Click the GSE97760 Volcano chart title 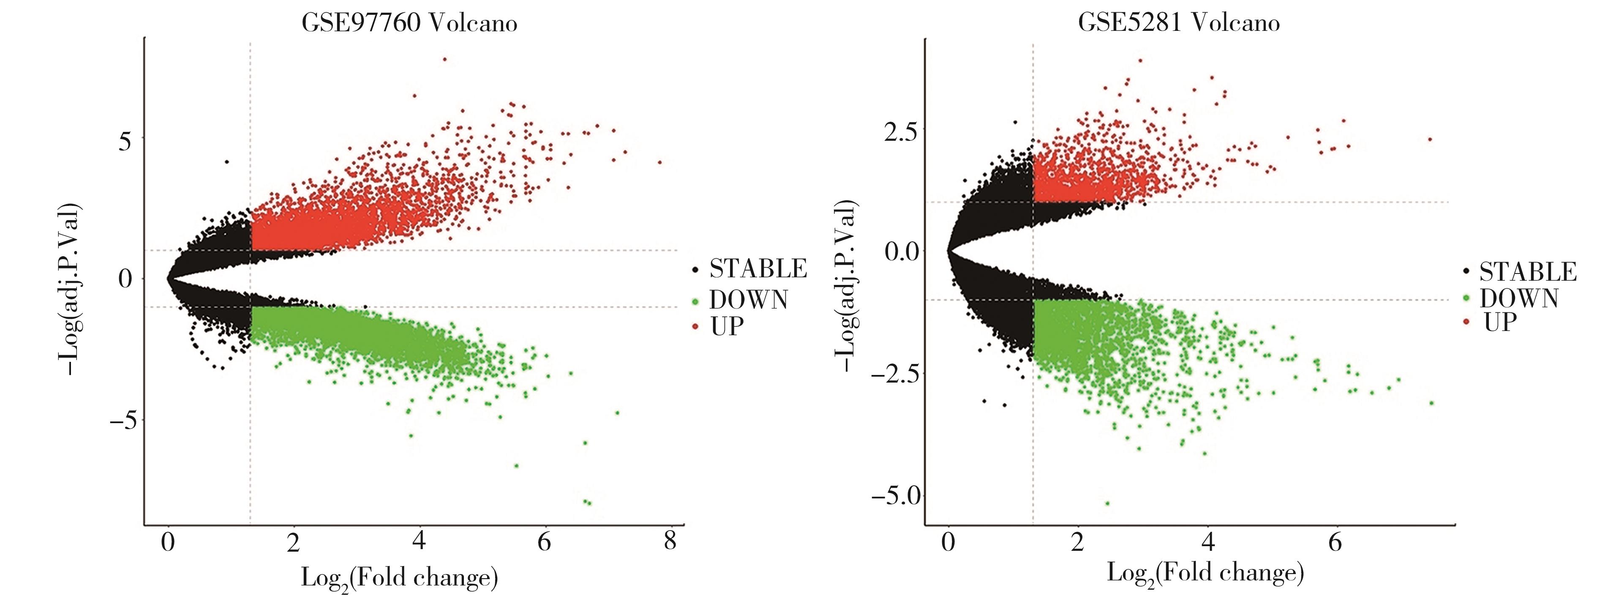tap(409, 23)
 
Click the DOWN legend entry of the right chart tap(1518, 299)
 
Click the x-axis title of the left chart tap(399, 578)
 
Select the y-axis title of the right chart tap(846, 287)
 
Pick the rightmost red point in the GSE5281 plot tap(1430, 139)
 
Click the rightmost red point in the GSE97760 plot tap(660, 162)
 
